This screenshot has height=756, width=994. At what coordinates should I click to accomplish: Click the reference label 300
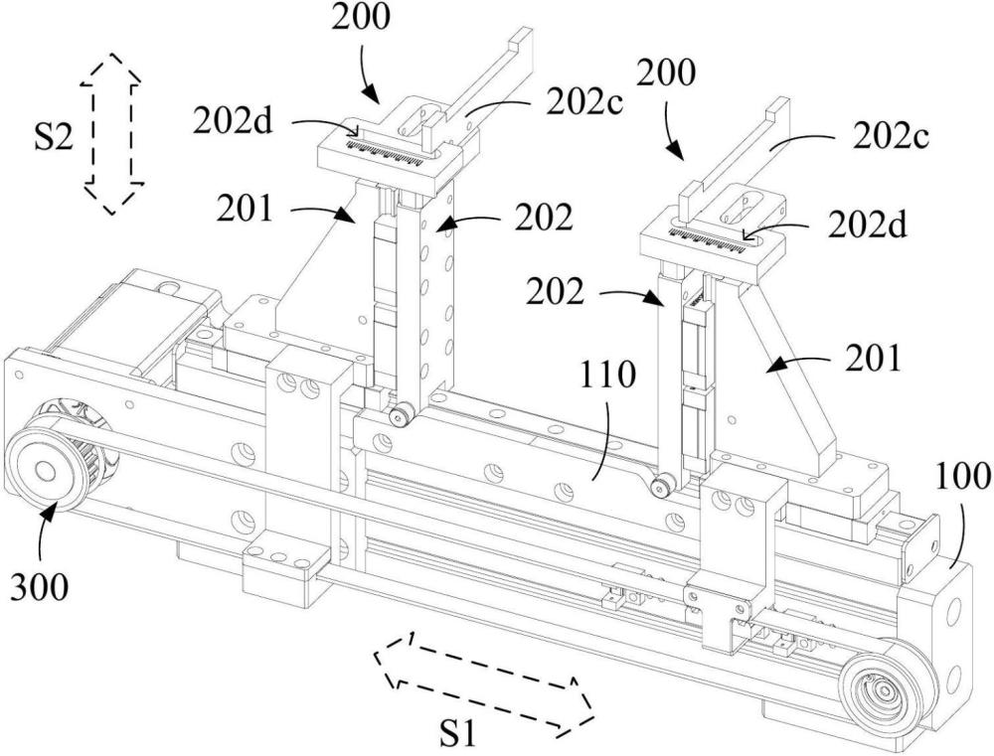point(39,587)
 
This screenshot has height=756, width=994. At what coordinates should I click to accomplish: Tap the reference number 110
point(606,375)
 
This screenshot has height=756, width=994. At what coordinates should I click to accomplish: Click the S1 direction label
point(457,734)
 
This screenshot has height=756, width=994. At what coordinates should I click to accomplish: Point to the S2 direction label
point(54,137)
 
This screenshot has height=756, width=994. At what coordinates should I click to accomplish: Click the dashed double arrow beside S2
point(111,132)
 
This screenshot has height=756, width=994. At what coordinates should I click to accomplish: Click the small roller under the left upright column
point(400,416)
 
